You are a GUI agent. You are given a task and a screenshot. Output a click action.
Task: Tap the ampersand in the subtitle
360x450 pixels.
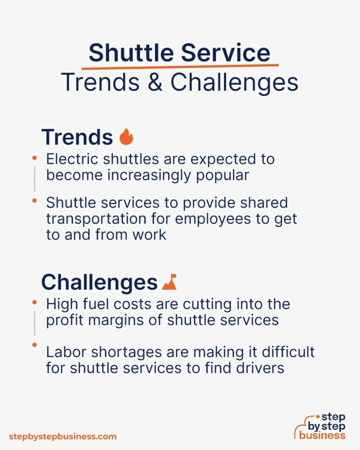(157, 82)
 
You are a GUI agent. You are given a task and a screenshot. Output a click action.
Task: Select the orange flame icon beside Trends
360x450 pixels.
(127, 137)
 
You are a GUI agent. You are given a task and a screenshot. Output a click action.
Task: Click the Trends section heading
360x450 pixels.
(77, 137)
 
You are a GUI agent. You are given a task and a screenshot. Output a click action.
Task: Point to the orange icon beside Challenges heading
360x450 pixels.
(169, 282)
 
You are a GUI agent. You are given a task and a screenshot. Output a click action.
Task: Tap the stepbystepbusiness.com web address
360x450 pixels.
(62, 436)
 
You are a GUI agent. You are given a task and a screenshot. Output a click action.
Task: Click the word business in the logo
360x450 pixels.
(323, 435)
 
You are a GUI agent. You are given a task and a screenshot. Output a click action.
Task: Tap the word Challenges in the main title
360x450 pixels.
(234, 82)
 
